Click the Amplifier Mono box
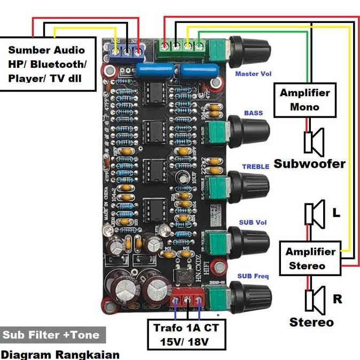point(305,100)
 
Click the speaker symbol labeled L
point(315,213)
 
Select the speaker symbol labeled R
point(315,299)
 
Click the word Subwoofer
point(309,164)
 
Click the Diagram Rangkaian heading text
point(60,354)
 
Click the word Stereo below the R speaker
point(311,322)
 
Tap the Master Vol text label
point(253,74)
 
